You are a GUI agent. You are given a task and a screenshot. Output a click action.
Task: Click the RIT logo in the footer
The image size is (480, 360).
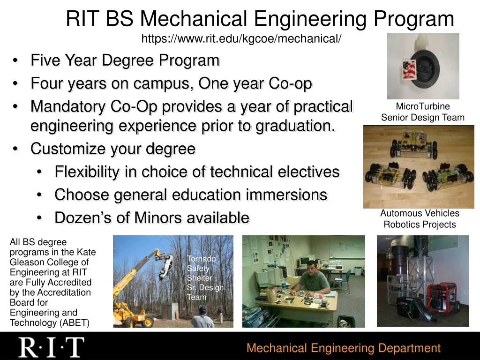(x=51, y=347)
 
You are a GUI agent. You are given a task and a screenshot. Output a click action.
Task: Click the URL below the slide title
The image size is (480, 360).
(x=241, y=38)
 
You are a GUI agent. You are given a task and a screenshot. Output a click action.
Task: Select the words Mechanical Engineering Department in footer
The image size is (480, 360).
(x=343, y=348)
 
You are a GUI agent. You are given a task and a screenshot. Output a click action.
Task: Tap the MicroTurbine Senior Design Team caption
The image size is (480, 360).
(x=422, y=112)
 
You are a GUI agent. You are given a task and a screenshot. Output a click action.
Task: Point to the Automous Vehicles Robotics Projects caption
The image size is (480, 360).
(x=420, y=219)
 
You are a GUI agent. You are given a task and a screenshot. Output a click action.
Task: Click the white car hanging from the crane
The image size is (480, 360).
(x=167, y=268)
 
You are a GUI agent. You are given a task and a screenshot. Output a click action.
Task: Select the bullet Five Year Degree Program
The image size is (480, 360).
(x=125, y=60)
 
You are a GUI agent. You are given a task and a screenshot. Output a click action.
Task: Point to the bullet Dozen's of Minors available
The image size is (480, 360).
(x=151, y=218)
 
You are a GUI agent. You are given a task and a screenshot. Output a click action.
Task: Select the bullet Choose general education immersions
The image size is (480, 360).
(x=190, y=195)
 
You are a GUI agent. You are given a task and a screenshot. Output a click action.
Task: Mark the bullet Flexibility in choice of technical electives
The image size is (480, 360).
(x=197, y=172)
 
